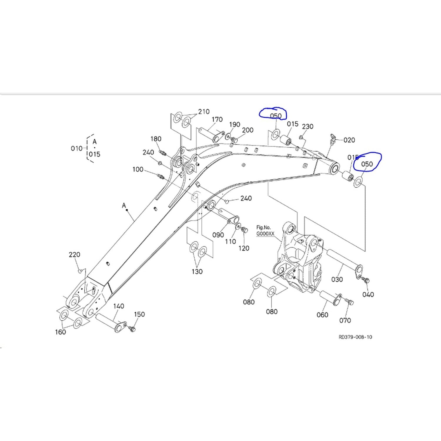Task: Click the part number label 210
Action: coord(204,112)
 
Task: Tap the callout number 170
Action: coord(217,120)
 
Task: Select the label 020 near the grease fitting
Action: coord(349,140)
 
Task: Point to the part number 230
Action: coord(308,126)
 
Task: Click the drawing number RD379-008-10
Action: coord(355,337)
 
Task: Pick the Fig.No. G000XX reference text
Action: coord(265,230)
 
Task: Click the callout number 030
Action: coord(337,279)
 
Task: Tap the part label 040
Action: coord(368,295)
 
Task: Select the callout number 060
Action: coord(322,315)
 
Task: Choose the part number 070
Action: coord(345,320)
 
